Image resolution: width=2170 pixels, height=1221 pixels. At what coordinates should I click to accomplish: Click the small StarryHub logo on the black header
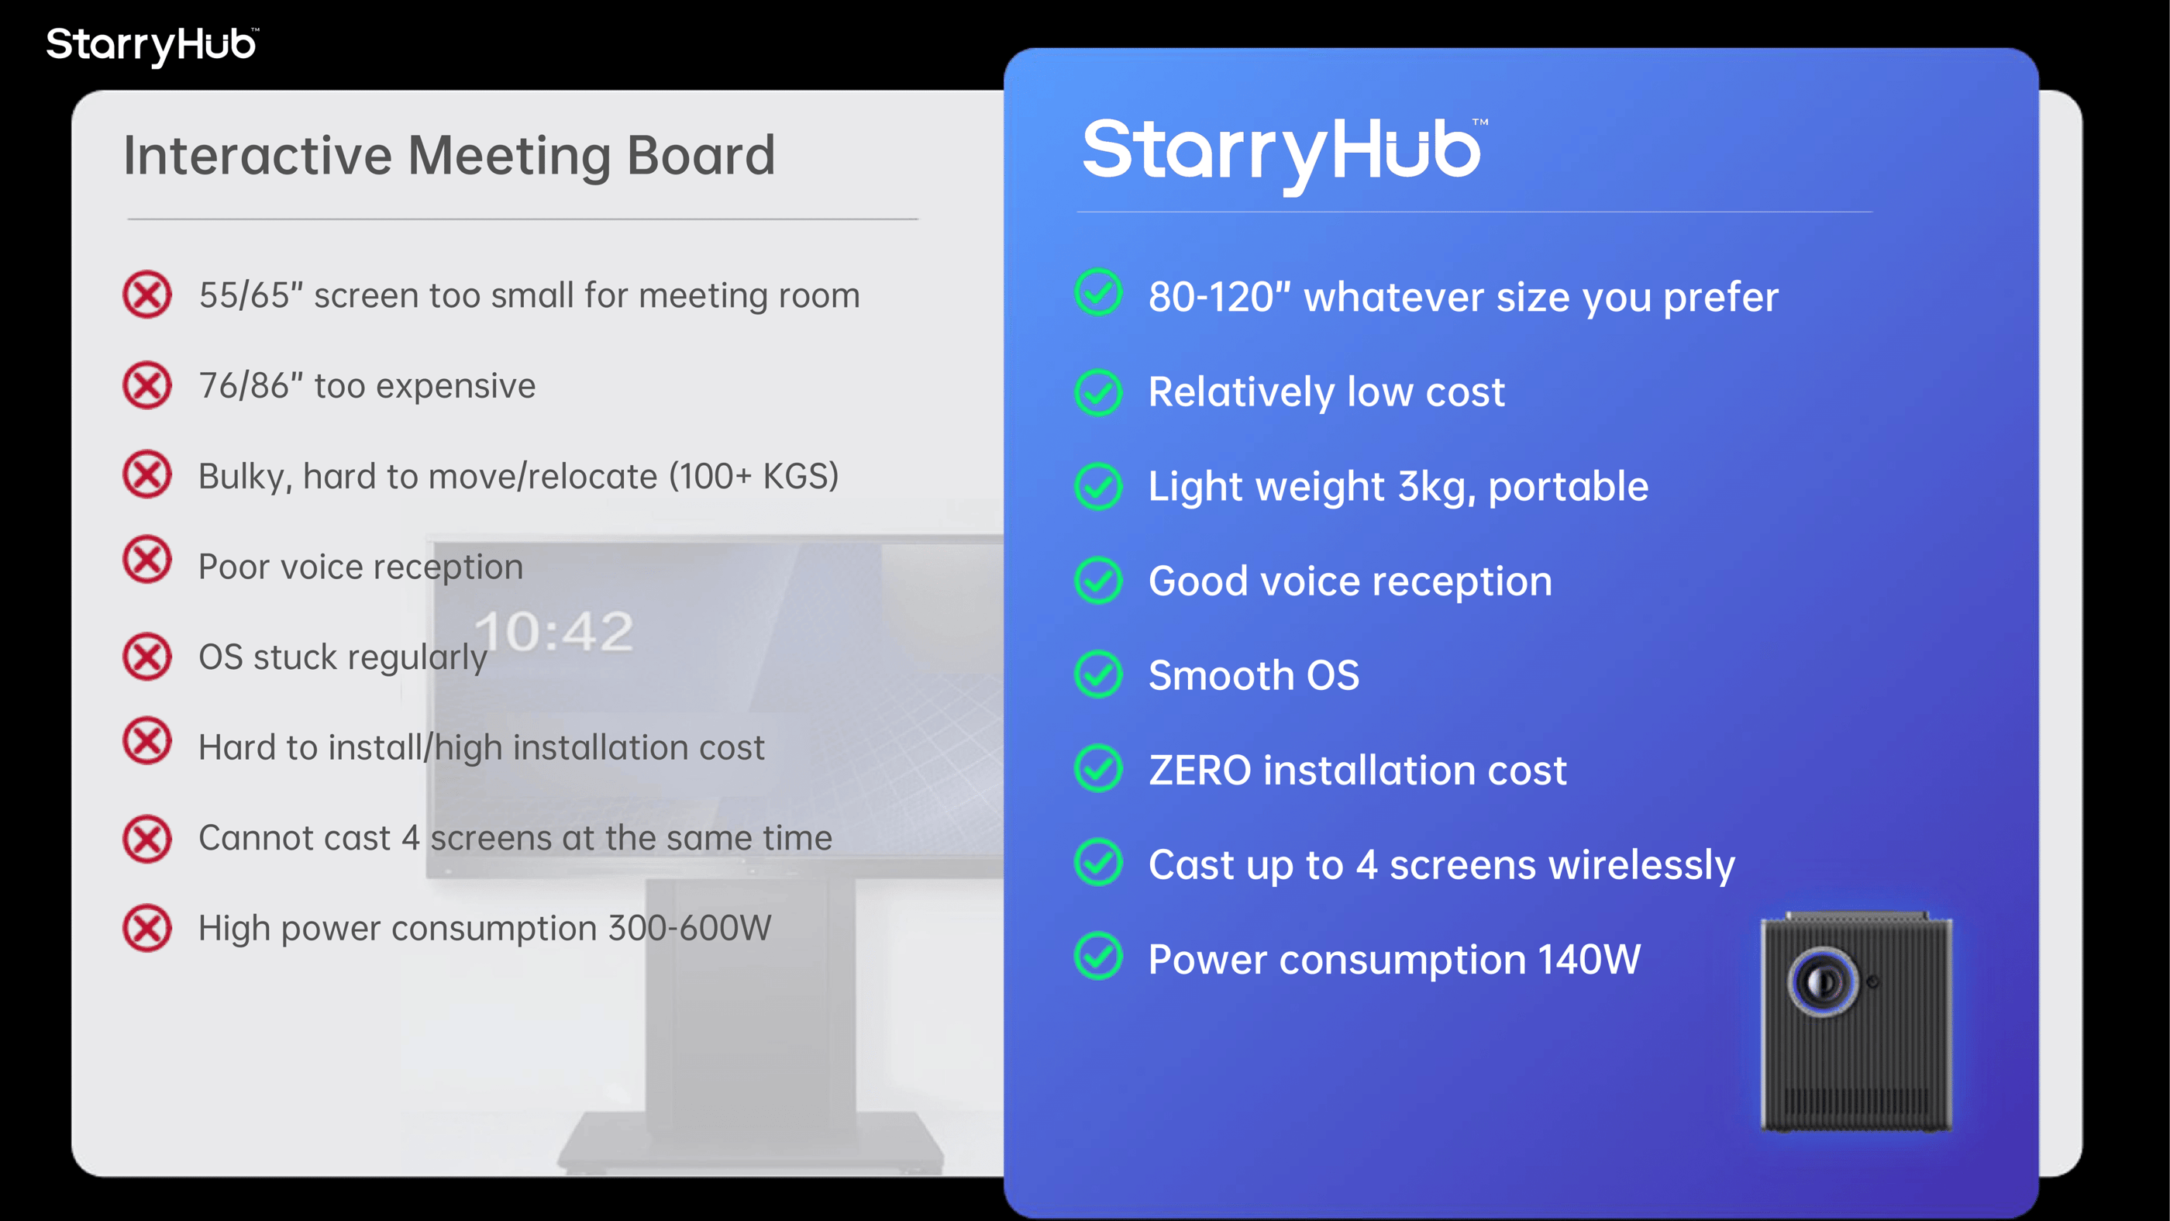coord(152,45)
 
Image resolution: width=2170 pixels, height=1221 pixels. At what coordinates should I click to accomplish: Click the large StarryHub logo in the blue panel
coord(1285,154)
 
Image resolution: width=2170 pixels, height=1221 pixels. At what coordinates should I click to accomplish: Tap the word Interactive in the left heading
coord(258,156)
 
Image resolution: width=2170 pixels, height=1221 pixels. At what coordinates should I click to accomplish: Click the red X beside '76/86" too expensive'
coord(146,385)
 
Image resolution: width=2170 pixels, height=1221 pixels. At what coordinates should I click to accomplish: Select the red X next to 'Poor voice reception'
coord(146,560)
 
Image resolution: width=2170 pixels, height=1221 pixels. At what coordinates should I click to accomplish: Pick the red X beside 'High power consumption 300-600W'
coord(146,928)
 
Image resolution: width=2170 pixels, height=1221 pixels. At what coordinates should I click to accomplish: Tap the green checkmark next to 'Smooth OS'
coord(1098,674)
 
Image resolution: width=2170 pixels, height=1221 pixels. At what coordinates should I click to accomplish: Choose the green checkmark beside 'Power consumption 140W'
coord(1098,956)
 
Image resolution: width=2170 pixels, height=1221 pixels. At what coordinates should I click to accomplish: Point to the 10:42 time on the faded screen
coord(553,632)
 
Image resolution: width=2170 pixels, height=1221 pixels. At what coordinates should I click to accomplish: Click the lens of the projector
coord(1823,981)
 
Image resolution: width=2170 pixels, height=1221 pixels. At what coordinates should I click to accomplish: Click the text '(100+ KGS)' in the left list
coord(754,477)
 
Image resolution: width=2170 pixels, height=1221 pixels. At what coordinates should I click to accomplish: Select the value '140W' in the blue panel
coord(1589,959)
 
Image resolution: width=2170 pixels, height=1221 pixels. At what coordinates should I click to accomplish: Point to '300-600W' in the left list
coord(690,928)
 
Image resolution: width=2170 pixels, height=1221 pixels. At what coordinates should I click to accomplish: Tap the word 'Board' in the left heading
coord(701,156)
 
